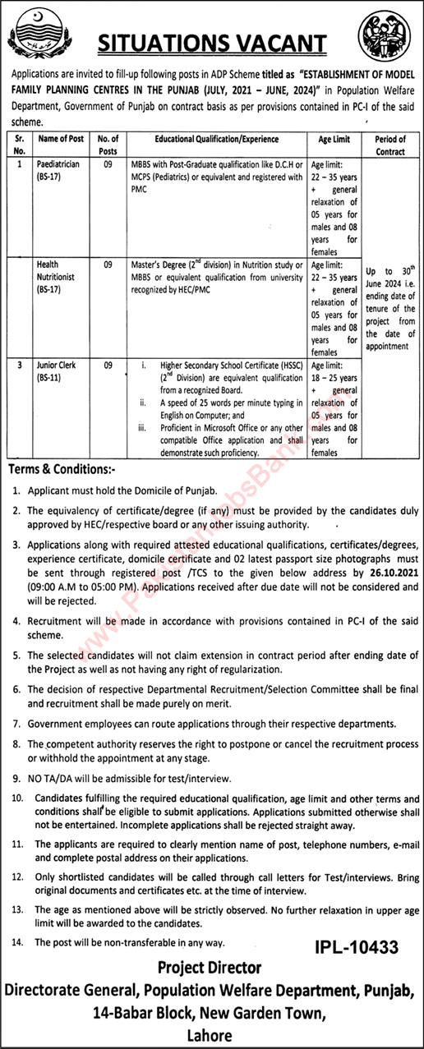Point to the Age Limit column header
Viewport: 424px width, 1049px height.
tap(333, 140)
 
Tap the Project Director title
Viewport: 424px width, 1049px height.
tap(212, 968)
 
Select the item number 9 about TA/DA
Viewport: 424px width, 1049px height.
tap(17, 777)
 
